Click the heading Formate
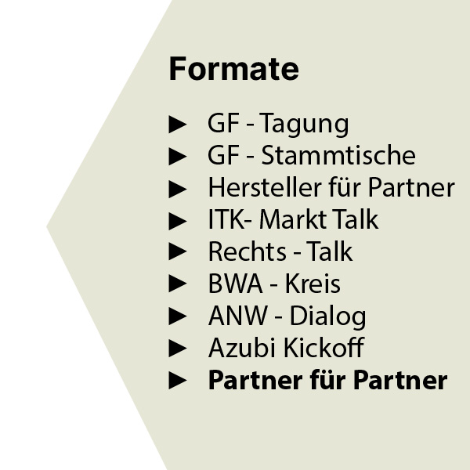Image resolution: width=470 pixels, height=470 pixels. coord(233,69)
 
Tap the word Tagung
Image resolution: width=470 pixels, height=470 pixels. coord(304,125)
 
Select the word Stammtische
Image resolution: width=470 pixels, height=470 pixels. coord(338,155)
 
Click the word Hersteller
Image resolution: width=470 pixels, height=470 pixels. coord(265,187)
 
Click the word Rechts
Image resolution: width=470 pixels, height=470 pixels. coord(248,251)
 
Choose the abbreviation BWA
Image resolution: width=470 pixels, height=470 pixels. coord(235,284)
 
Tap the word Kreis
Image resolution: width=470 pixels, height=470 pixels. coord(313,284)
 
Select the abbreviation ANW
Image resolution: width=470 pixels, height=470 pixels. coord(237,316)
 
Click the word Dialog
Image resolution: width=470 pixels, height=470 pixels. coord(327,317)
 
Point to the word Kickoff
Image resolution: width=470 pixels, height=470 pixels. coord(324,347)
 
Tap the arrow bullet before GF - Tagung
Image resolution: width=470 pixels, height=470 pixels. coord(178,125)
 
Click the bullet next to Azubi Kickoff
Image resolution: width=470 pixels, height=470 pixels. coord(178,348)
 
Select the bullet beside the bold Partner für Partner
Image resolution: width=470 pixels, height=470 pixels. coord(178,381)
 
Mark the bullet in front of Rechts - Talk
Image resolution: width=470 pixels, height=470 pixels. coord(178,251)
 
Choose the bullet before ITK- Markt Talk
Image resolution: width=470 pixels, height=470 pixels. coord(178,221)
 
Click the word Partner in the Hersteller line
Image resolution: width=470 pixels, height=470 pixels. coord(411,187)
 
